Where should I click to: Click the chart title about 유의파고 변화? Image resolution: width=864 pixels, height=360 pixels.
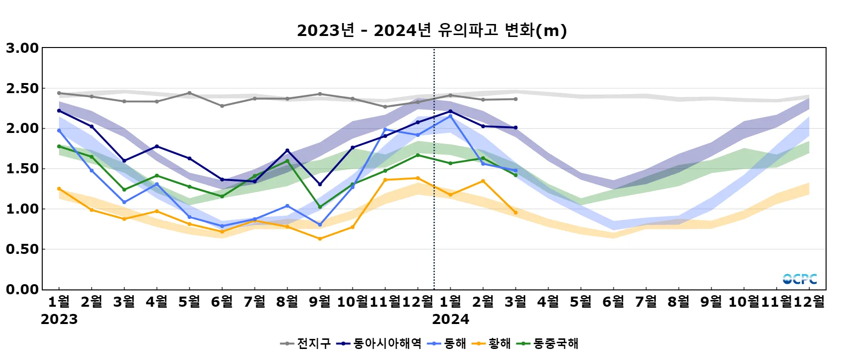432,30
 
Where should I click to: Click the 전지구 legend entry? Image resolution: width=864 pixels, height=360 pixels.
306,343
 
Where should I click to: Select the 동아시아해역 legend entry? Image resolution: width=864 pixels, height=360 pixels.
379,343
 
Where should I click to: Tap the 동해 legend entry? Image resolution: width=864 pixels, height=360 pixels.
447,343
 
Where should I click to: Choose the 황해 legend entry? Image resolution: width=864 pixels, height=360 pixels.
492,343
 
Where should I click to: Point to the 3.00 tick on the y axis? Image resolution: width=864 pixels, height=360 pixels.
22,48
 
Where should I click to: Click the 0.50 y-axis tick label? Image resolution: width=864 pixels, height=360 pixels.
22,249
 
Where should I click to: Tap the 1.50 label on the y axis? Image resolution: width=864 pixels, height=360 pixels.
22,168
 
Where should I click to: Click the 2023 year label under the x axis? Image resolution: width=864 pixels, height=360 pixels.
59,319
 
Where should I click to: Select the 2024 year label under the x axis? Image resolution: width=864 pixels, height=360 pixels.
450,319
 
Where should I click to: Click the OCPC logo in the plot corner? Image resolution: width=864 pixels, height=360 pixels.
799,279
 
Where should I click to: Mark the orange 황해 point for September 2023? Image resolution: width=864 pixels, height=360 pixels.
320,239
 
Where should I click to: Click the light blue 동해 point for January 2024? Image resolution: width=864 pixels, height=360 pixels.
450,116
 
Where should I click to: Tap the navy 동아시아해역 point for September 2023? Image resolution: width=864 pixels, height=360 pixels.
320,184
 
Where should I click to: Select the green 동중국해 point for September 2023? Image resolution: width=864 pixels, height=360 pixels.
320,207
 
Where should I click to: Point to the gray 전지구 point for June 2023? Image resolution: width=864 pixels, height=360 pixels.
222,106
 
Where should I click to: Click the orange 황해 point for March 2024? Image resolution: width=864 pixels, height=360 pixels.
516,213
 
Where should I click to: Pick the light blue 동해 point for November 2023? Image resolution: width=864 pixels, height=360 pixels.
385,130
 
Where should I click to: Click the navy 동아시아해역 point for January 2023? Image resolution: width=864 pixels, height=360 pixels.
59,111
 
